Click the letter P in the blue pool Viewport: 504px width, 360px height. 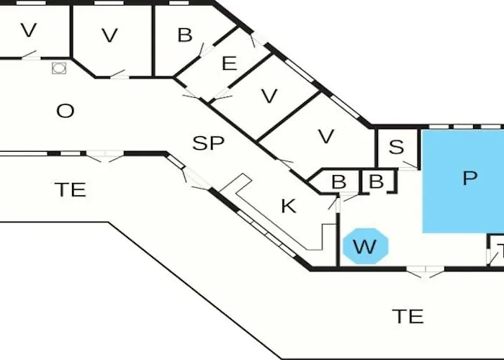(470, 179)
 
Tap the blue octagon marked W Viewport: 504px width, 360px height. (365, 247)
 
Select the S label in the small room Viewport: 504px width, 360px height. (396, 148)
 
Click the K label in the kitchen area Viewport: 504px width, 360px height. (288, 206)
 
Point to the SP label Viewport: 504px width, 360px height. (209, 143)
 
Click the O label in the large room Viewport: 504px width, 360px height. (65, 111)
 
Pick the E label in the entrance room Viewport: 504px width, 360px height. (229, 64)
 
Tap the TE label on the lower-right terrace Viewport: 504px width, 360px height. (408, 315)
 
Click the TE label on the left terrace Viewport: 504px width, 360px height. (71, 189)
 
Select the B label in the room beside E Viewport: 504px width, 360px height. (185, 35)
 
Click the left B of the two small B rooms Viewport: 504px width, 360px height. (338, 182)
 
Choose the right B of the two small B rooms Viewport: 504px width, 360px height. (376, 181)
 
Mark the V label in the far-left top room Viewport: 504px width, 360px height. (28, 31)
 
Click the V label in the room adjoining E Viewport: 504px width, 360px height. (269, 96)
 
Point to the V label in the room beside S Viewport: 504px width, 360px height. (326, 135)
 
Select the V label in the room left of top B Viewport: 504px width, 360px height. (109, 35)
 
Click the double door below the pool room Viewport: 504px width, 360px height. (426, 272)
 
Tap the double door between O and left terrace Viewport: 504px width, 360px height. (105, 156)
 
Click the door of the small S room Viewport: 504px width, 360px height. (409, 166)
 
